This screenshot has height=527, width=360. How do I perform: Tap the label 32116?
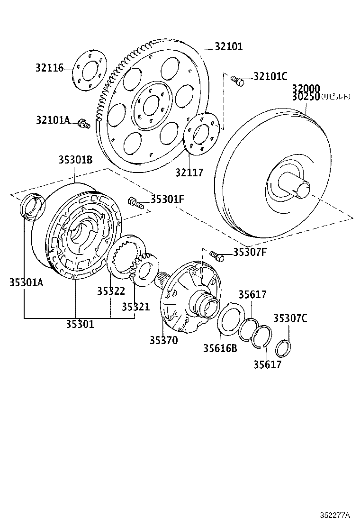(49, 68)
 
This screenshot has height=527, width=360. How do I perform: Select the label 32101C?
(270, 76)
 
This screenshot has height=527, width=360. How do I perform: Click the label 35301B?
(75, 160)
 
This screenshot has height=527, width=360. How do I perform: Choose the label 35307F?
(250, 252)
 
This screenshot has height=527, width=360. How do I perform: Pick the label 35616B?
(220, 348)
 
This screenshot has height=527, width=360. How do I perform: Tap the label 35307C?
(290, 318)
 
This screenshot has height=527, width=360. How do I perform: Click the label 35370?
(163, 340)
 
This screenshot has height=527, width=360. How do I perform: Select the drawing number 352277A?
(334, 515)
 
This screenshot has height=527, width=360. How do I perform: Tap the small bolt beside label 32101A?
(84, 124)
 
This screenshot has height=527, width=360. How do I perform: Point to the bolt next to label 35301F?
(135, 203)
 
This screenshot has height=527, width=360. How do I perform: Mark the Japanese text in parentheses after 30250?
(336, 97)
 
